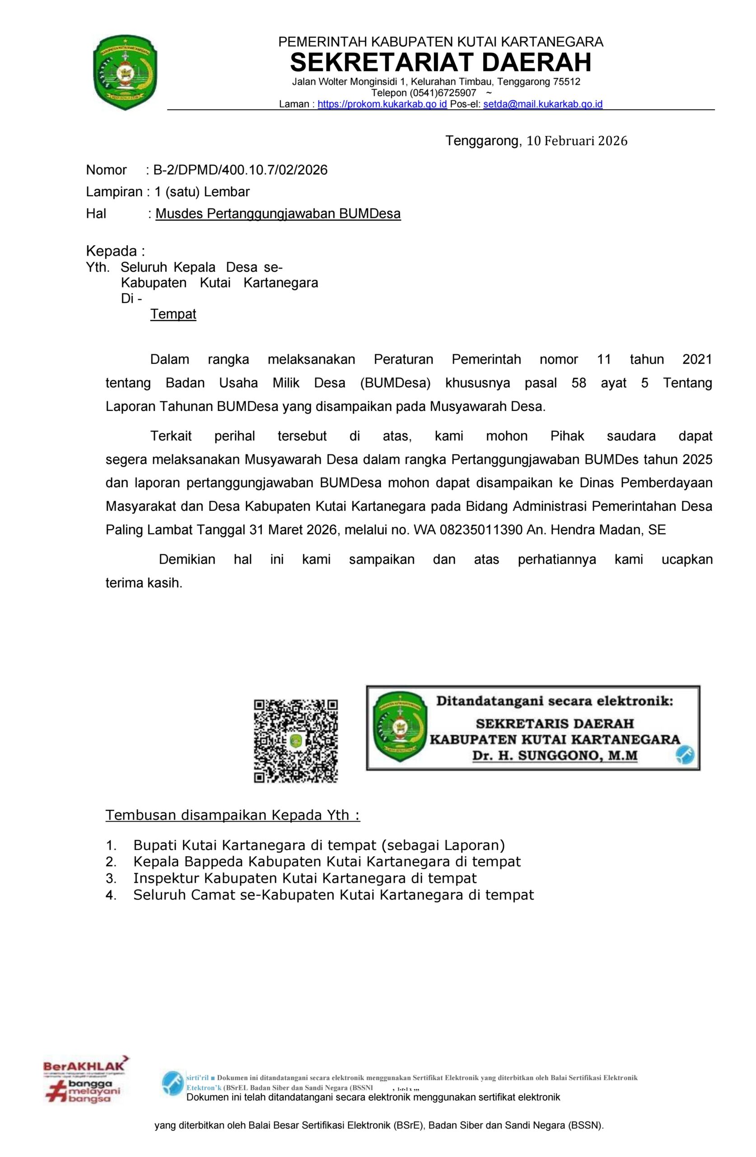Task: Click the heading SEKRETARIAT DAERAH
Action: coord(440,62)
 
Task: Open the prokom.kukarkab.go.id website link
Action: coord(382,104)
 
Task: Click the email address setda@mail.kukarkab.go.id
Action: coord(542,104)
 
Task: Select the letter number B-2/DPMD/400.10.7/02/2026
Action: coord(240,169)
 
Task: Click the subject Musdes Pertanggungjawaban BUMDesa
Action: coord(278,214)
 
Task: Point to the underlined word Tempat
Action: coord(173,314)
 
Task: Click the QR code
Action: coord(295,741)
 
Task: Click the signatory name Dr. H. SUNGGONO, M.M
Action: coord(555,756)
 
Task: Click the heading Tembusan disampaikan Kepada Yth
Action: coord(233,815)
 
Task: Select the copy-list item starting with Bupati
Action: coord(319,845)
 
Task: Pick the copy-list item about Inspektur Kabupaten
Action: coord(305,878)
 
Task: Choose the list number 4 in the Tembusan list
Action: coord(111,895)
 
